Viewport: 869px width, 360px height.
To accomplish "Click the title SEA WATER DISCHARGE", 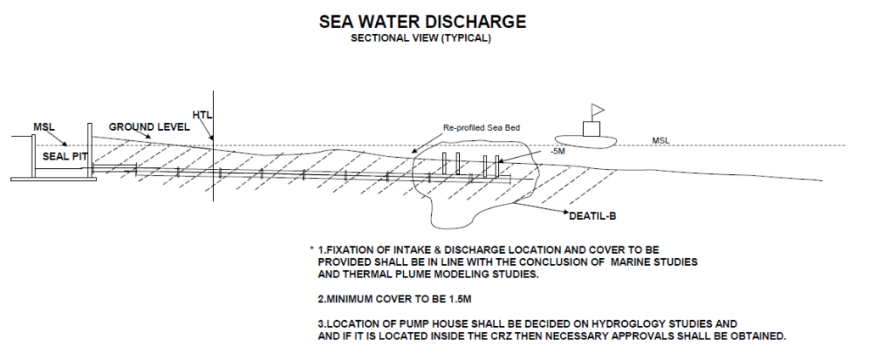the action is [423, 21].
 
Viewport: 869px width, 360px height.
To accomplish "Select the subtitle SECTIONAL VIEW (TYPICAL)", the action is [421, 39].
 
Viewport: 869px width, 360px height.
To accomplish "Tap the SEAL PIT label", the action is [64, 156].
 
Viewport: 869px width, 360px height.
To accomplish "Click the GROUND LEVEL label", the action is [149, 127].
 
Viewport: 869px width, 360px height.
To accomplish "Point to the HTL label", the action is [202, 115].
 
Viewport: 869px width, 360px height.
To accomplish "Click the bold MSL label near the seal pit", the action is [44, 127].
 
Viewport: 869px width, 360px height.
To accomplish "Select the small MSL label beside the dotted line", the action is [660, 141].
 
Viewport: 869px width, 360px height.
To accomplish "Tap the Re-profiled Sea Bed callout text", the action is [481, 128].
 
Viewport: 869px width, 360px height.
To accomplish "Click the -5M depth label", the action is [558, 151].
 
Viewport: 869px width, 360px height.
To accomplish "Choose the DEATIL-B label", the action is [592, 217].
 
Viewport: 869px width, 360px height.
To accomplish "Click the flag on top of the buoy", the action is [598, 110].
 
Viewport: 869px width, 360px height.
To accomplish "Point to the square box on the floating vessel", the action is [591, 129].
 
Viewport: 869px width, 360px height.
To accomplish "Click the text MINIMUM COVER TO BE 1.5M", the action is [395, 300].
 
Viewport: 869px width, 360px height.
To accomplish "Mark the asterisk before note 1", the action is [312, 249].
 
